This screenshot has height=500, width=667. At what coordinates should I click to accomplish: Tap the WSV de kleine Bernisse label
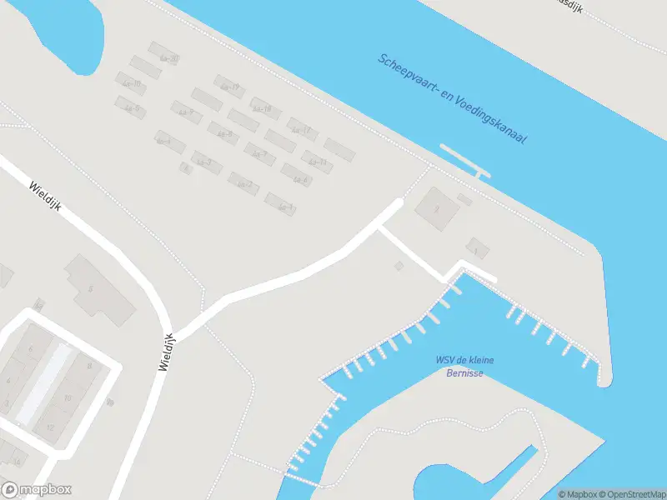click(x=464, y=366)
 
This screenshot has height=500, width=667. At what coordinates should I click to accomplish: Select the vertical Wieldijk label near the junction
click(x=164, y=350)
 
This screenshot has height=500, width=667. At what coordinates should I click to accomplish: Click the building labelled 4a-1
click(x=280, y=203)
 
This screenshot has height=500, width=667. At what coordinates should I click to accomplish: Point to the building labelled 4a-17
click(x=302, y=129)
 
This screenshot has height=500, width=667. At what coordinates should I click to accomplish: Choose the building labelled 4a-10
click(x=132, y=83)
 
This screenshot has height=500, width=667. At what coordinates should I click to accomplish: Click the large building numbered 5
click(x=100, y=289)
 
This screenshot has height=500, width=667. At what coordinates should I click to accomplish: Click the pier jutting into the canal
click(x=464, y=161)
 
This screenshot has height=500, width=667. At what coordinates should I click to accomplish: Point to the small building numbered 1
click(x=477, y=247)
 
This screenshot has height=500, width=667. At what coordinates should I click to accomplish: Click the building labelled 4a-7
click(x=259, y=153)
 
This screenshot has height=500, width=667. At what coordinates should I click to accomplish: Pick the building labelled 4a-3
click(x=207, y=161)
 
